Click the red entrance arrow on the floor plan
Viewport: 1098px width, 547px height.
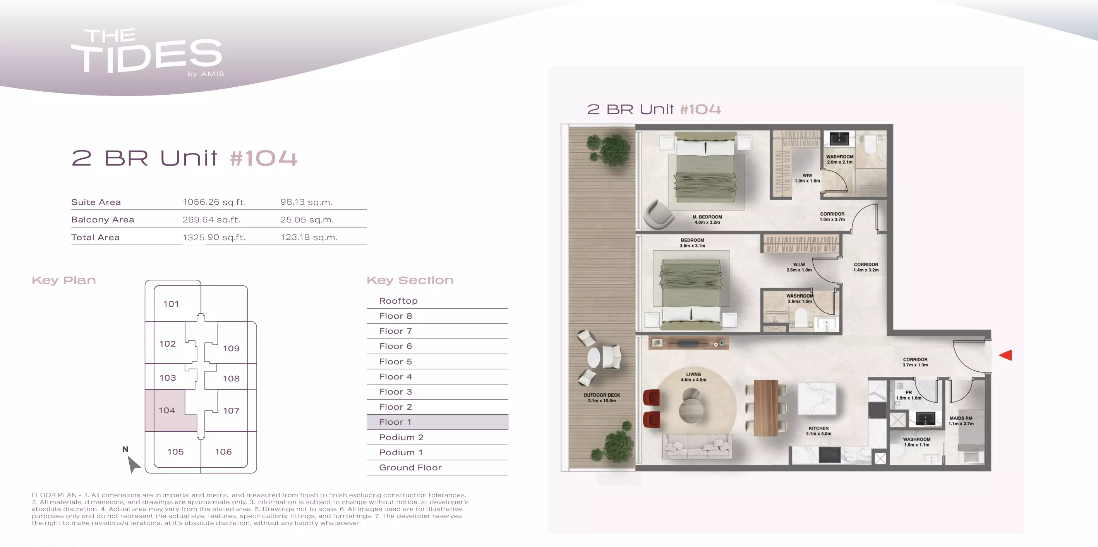(x=1006, y=355)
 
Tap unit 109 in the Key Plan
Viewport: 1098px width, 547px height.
(x=231, y=348)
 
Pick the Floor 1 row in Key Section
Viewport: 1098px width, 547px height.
(x=437, y=422)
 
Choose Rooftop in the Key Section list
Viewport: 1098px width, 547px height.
(x=398, y=301)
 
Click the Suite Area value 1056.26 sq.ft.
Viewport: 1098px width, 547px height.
(x=214, y=202)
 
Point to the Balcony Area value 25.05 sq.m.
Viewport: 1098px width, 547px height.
(x=307, y=219)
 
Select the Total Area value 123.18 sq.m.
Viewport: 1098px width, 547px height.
(x=309, y=237)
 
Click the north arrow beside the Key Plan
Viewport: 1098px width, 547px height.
(x=134, y=464)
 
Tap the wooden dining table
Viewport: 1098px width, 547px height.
(x=765, y=408)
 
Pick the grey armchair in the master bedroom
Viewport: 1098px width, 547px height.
(x=658, y=214)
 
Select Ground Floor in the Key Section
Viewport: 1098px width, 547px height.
(x=410, y=467)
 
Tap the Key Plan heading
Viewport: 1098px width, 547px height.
(x=64, y=280)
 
